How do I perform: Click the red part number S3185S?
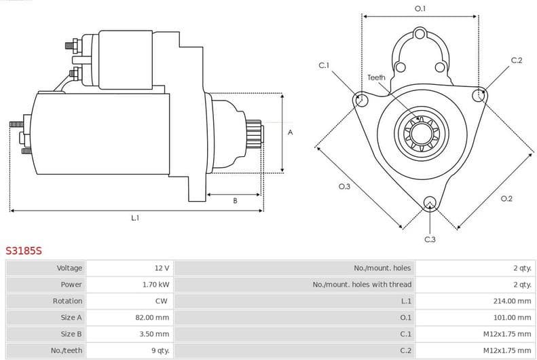click(24, 251)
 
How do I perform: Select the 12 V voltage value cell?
click(162, 268)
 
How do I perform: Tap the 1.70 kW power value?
click(155, 285)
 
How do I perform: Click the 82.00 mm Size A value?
click(152, 317)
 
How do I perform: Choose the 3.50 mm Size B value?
click(154, 334)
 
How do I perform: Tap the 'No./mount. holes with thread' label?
click(362, 285)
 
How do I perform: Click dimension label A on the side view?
click(290, 132)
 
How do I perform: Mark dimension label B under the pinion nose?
click(235, 201)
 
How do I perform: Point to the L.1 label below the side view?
click(135, 218)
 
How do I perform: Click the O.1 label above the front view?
click(420, 9)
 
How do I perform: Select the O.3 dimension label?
click(344, 187)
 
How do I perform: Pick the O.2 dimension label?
click(506, 198)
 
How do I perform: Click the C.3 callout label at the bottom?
click(430, 239)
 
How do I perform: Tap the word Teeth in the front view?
click(376, 77)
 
